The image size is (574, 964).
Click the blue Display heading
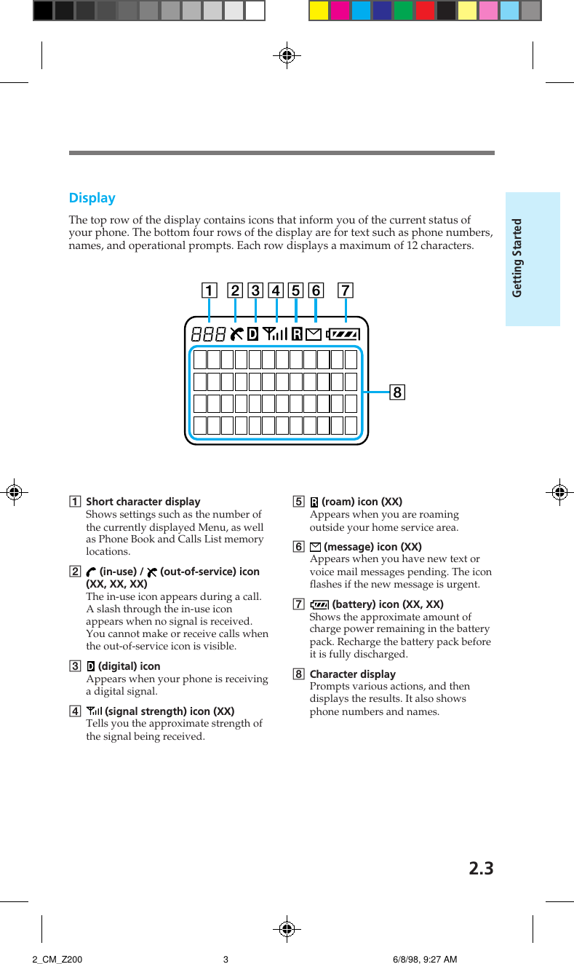[x=92, y=198]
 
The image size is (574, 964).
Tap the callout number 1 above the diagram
[x=209, y=291]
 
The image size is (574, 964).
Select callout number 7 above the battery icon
[x=346, y=291]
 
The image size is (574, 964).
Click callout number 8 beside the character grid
[x=396, y=393]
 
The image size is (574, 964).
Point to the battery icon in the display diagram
[x=343, y=334]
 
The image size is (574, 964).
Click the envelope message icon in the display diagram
[x=314, y=334]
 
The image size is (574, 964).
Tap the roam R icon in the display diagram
[x=297, y=334]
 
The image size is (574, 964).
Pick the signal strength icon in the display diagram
[x=275, y=334]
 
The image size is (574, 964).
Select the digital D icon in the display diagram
[x=253, y=334]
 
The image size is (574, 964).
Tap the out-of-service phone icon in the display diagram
[x=236, y=334]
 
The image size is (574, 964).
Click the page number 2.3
[x=481, y=869]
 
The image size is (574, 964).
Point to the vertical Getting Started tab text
[x=517, y=258]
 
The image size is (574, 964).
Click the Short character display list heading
[x=143, y=502]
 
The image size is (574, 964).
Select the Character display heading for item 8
[x=353, y=674]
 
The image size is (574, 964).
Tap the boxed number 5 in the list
[x=298, y=502]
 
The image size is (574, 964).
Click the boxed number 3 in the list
[x=74, y=666]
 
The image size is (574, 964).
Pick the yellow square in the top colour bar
[x=319, y=10]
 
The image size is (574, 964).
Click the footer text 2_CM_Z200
[x=57, y=959]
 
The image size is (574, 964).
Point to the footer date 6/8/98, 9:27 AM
[x=425, y=959]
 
